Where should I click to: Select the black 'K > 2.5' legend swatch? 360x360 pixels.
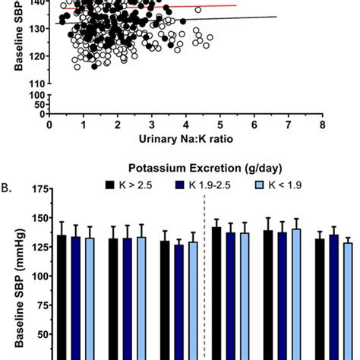(110, 185)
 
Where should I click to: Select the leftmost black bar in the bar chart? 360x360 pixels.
(62, 296)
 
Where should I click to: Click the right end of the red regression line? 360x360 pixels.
(236, 5)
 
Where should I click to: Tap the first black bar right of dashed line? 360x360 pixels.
(216, 292)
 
